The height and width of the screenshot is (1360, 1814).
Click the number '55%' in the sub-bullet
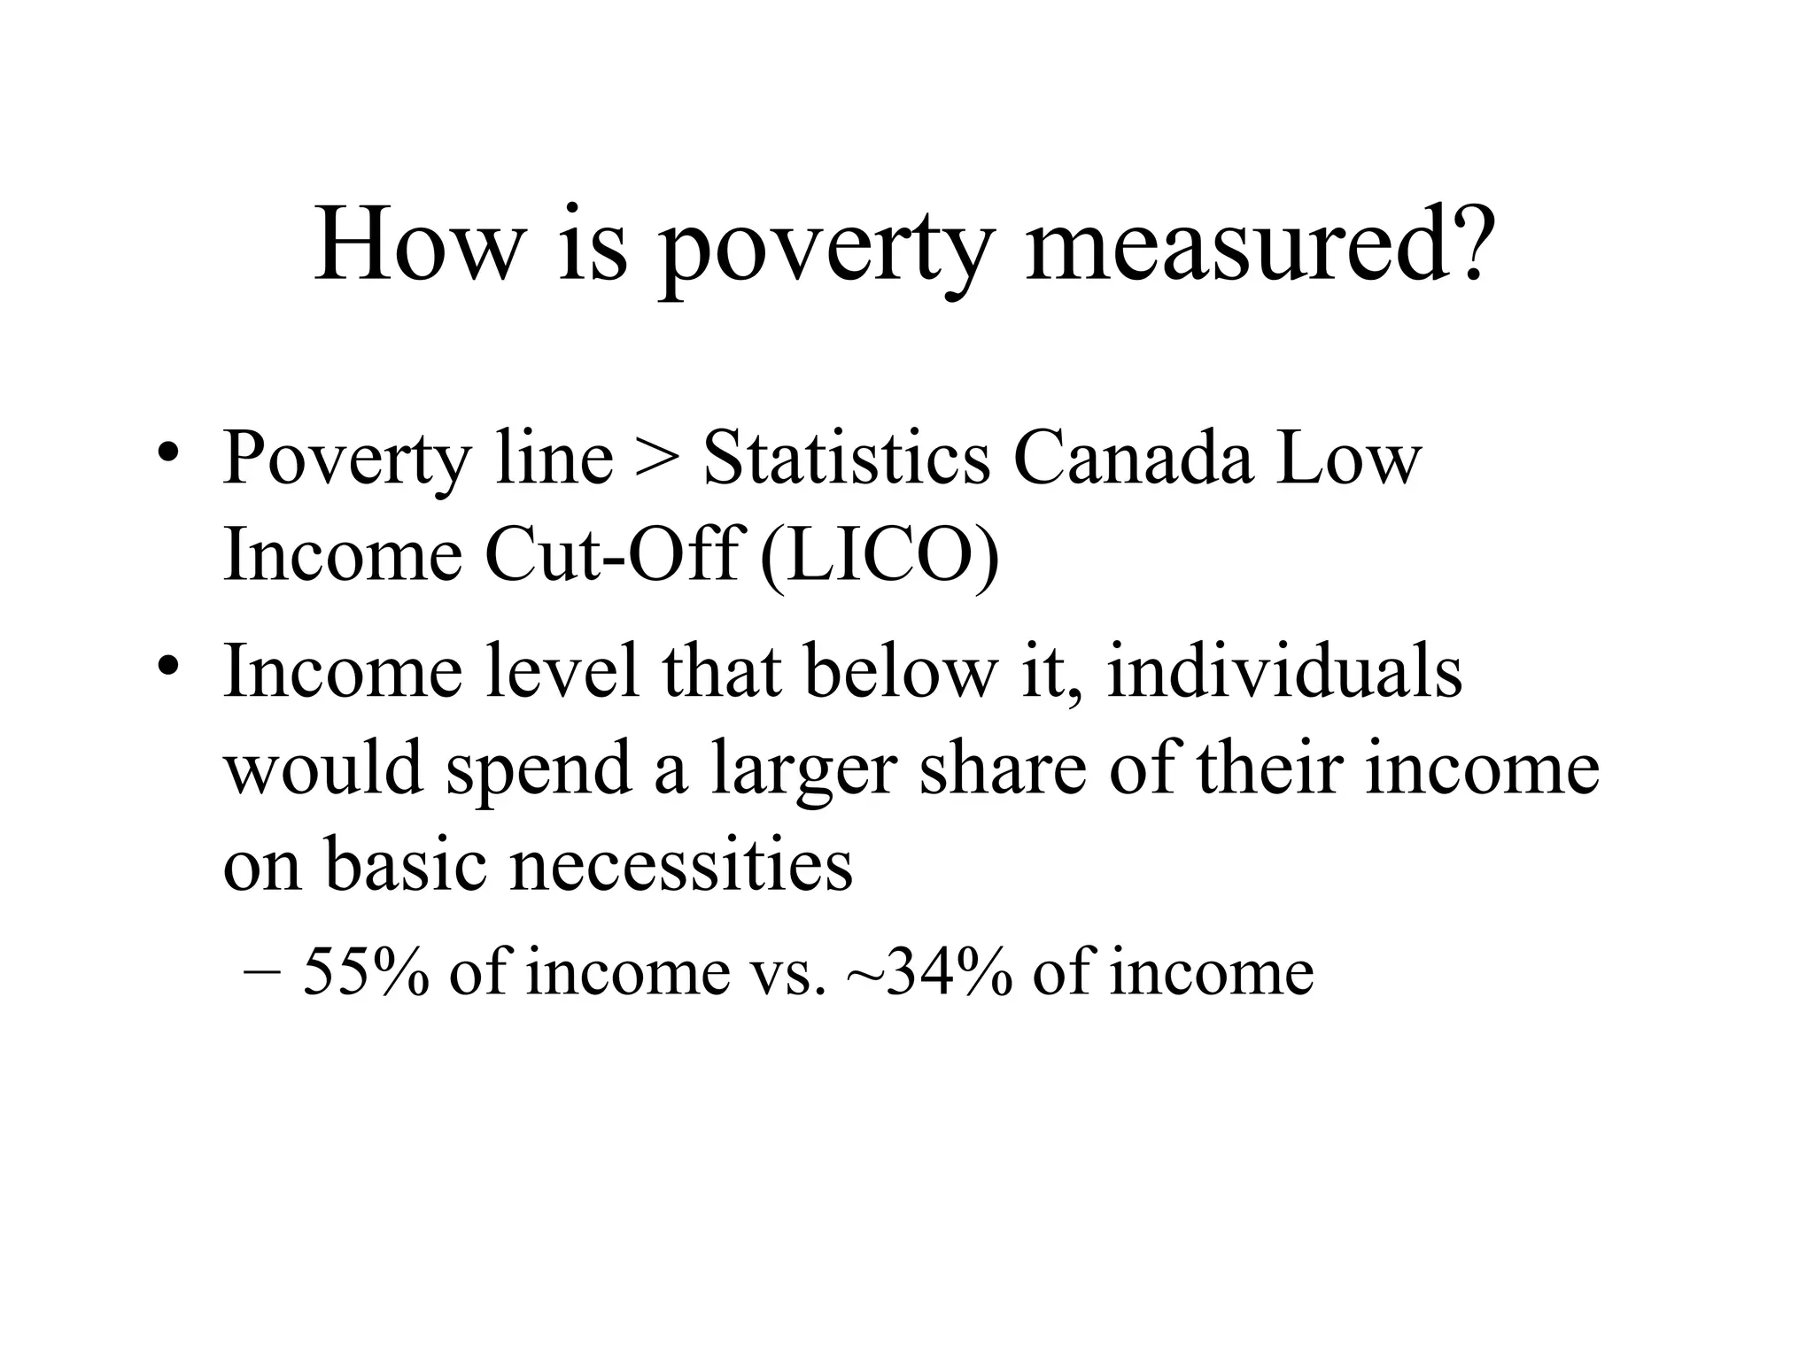tap(367, 971)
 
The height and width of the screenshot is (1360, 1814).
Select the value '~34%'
tap(929, 971)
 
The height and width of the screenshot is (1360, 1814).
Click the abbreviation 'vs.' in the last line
tap(781, 973)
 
